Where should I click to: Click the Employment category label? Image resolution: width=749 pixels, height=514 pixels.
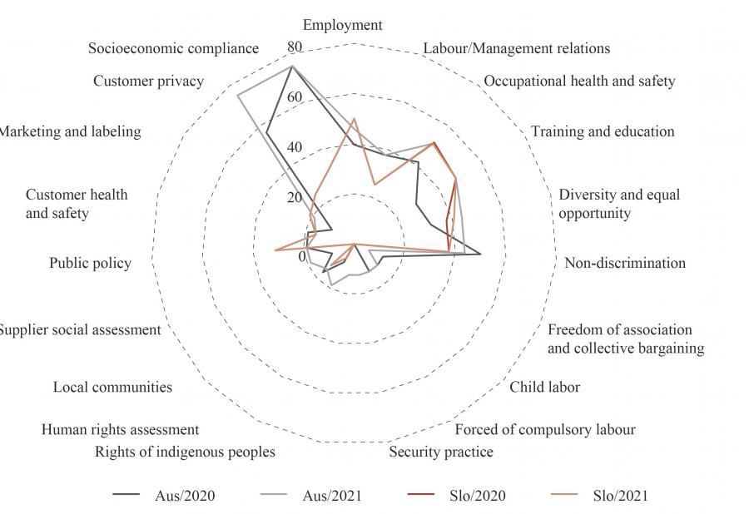coord(342,25)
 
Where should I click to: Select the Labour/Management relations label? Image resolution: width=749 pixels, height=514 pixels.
coord(516,48)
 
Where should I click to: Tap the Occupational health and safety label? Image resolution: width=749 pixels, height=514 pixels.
coord(579,81)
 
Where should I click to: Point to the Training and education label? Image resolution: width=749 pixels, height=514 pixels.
coord(603,131)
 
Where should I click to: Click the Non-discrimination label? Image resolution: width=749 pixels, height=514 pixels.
coord(625,263)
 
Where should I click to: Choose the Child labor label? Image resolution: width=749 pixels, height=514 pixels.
coord(545,387)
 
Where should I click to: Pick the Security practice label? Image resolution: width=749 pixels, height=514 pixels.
coord(441,452)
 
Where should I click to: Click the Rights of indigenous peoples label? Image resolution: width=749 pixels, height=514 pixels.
coord(185,452)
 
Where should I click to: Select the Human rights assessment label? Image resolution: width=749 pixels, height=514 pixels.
coord(121,429)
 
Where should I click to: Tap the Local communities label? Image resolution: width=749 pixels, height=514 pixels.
coord(113,387)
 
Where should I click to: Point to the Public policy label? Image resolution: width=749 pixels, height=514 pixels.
coord(91,263)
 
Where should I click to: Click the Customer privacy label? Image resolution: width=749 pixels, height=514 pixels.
coord(148,81)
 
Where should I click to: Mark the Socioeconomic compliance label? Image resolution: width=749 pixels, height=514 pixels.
coord(173,48)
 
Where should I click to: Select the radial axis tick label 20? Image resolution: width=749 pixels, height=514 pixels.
coord(294,198)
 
